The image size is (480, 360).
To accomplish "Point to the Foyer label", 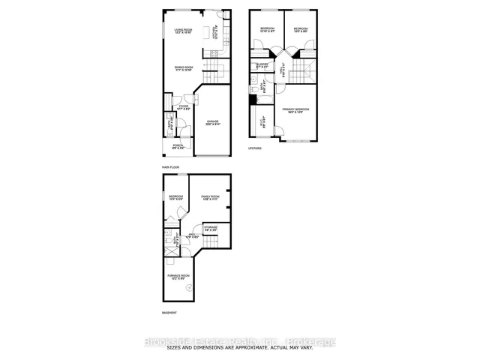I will click(x=183, y=108).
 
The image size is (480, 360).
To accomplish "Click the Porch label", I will click(x=177, y=146).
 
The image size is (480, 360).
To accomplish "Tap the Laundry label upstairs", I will click(x=262, y=65).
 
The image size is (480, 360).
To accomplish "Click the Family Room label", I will click(x=209, y=199).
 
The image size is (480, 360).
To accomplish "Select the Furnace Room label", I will click(x=178, y=278).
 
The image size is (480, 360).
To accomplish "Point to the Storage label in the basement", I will click(x=211, y=227).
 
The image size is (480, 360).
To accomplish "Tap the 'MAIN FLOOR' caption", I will click(x=169, y=166).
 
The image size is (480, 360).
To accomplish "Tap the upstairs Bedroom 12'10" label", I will click(x=266, y=29).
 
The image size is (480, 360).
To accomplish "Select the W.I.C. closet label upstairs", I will click(x=262, y=122).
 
